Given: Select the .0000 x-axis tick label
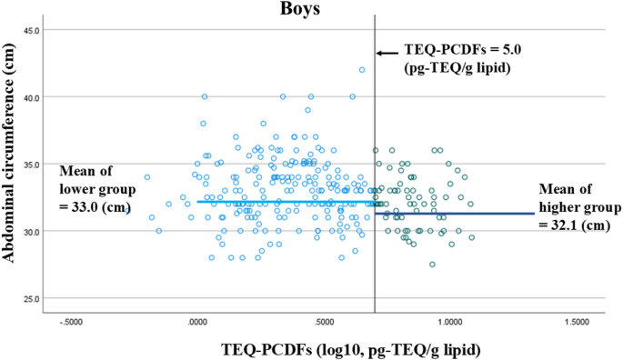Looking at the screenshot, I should click(x=197, y=322).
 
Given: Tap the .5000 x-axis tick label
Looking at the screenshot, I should click(x=324, y=322).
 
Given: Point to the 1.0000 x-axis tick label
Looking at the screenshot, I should click(x=449, y=322).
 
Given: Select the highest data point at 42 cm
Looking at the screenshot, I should click(x=362, y=70).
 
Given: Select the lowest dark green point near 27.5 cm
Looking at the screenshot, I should click(x=432, y=265).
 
